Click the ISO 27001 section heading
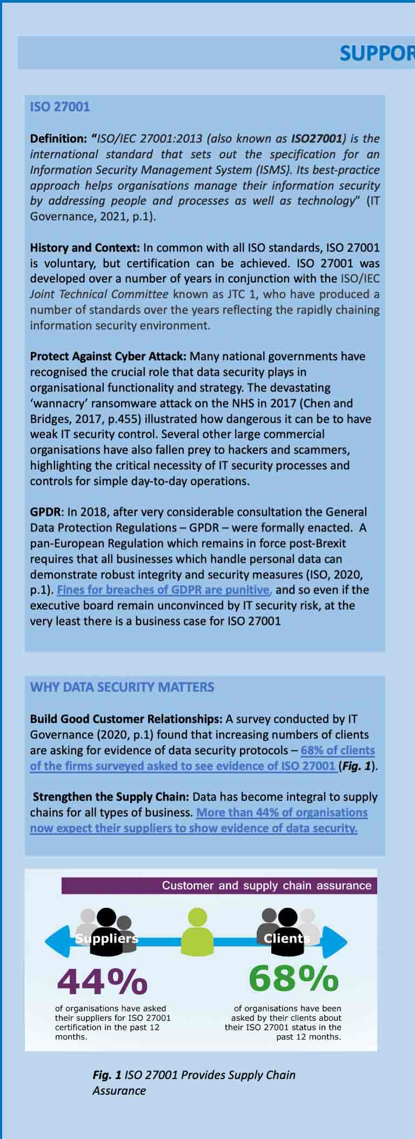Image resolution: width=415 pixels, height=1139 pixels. tap(60, 106)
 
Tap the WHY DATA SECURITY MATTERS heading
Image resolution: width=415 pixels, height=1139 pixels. tap(122, 687)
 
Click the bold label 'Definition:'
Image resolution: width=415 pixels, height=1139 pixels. tap(58, 138)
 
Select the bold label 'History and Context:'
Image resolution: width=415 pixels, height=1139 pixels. tap(85, 248)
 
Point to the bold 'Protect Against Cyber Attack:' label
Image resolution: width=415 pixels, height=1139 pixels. tap(108, 356)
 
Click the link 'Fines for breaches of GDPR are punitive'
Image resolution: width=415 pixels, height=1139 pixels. tap(163, 590)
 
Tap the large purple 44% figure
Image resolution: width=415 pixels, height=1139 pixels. tap(102, 982)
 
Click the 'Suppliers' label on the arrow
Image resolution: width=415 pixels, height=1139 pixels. tap(107, 939)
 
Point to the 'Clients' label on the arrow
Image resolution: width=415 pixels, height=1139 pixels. tap(287, 939)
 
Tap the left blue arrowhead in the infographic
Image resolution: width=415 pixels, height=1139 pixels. tap(56, 941)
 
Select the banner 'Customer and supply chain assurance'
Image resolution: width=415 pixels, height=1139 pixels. tap(267, 885)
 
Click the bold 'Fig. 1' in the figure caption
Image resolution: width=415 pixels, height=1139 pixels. tap(107, 1075)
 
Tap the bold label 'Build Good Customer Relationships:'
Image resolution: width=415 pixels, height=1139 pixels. tap(126, 719)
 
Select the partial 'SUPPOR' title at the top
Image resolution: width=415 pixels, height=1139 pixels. tap(377, 53)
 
